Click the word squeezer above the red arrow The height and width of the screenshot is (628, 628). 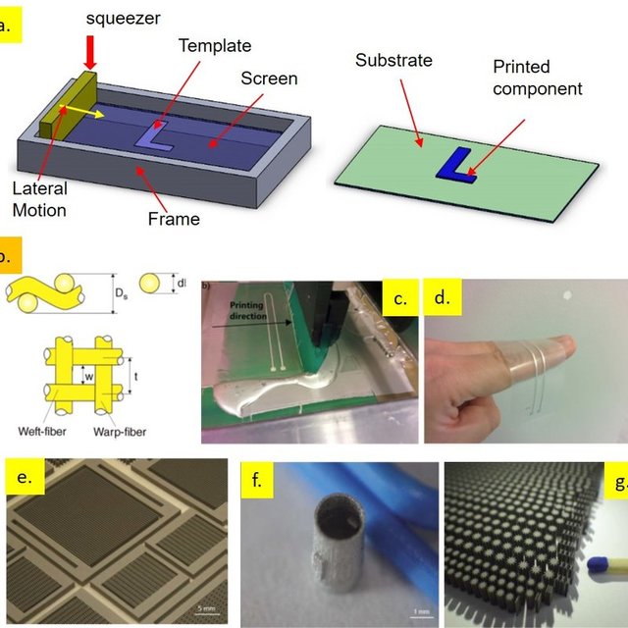(123, 19)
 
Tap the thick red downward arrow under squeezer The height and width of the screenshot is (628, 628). (90, 52)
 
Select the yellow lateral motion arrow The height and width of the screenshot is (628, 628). (81, 112)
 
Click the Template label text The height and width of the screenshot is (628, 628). (215, 46)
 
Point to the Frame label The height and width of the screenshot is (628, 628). (174, 219)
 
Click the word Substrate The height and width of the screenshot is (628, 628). (393, 61)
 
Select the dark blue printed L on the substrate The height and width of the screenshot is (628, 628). (456, 166)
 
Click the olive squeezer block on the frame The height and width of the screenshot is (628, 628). (68, 107)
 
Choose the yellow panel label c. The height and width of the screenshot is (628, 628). (400, 297)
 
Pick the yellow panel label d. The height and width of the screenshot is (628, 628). (443, 297)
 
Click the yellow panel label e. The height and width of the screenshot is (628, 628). (25, 477)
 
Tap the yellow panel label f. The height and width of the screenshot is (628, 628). (256, 480)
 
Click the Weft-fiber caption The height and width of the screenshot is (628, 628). (42, 432)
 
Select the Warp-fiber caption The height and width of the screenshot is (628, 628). (120, 432)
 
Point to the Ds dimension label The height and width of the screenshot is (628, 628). (122, 293)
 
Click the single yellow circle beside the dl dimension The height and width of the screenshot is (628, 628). (149, 284)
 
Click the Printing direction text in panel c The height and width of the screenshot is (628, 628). (247, 310)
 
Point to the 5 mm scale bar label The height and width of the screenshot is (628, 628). (206, 609)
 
